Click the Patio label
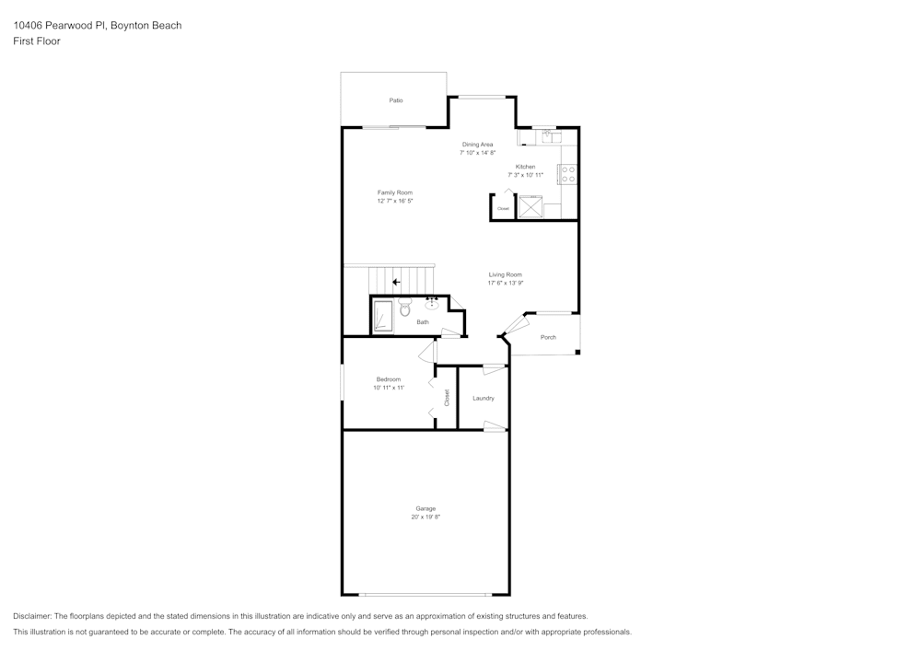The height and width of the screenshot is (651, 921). point(396,100)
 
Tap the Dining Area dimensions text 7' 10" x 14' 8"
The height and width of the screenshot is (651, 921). point(477,153)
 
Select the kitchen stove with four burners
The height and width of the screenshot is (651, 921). point(567,174)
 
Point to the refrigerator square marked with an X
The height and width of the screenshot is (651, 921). point(530,207)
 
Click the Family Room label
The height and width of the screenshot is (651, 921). point(394,192)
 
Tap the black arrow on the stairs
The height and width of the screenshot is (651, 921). point(396,283)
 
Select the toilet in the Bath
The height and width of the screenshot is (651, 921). point(404,308)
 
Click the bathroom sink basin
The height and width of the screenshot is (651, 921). point(432,307)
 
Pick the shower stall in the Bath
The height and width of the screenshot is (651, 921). point(382,317)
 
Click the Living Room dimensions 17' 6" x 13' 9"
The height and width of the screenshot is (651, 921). point(506,283)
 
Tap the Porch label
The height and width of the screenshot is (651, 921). point(548,337)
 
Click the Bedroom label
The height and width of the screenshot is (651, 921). point(389,379)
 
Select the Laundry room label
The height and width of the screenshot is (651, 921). point(484,398)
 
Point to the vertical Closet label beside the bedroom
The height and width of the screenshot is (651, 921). point(447,398)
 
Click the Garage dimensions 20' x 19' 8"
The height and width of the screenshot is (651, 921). point(426,517)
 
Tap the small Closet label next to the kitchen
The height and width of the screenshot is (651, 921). point(503,209)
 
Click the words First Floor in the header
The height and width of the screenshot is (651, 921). point(37,41)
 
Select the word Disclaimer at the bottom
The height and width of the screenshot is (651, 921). point(33,616)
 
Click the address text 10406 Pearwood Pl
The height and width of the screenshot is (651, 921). point(59,26)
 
